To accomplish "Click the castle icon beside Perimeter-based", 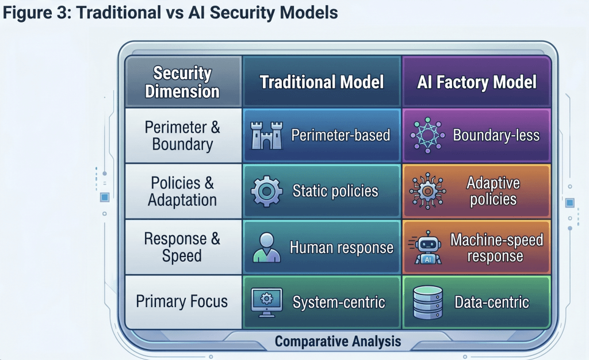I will pos(267,136).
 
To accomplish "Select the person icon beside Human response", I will pos(266,248).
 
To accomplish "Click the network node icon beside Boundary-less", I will pos(427,136).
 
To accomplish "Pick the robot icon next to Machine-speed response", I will pos(427,248).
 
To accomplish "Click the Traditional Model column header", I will pos(322,82).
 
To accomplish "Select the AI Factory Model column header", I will pos(477,82).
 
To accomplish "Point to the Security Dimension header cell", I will pos(182,82).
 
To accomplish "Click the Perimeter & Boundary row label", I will pos(182,136).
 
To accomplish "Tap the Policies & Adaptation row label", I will pos(182,192).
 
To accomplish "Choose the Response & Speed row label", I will pos(182,247).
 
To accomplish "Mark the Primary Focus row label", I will pos(182,301).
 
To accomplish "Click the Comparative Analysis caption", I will pos(338,342).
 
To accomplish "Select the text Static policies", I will pos(335,192).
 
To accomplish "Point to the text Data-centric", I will pos(492,302).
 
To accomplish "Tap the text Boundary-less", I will pos(496,136).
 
